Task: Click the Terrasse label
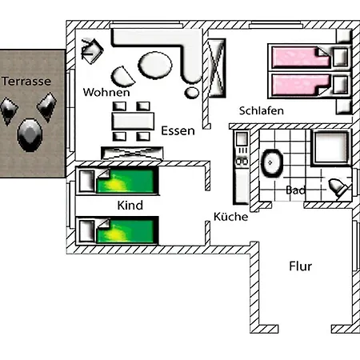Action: (26, 82)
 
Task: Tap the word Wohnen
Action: (106, 93)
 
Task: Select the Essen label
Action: (178, 130)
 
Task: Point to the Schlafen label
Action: (261, 110)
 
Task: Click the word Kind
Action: (130, 206)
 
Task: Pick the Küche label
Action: (230, 217)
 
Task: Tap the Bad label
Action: (296, 190)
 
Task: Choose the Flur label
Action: (300, 266)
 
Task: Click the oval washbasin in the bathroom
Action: (273, 162)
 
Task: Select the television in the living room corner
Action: (90, 50)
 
